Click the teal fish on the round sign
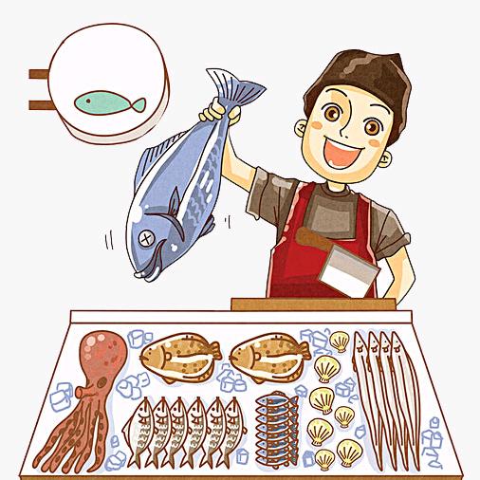point(108,101)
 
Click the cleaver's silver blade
point(348,271)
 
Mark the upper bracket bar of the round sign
point(40,73)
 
